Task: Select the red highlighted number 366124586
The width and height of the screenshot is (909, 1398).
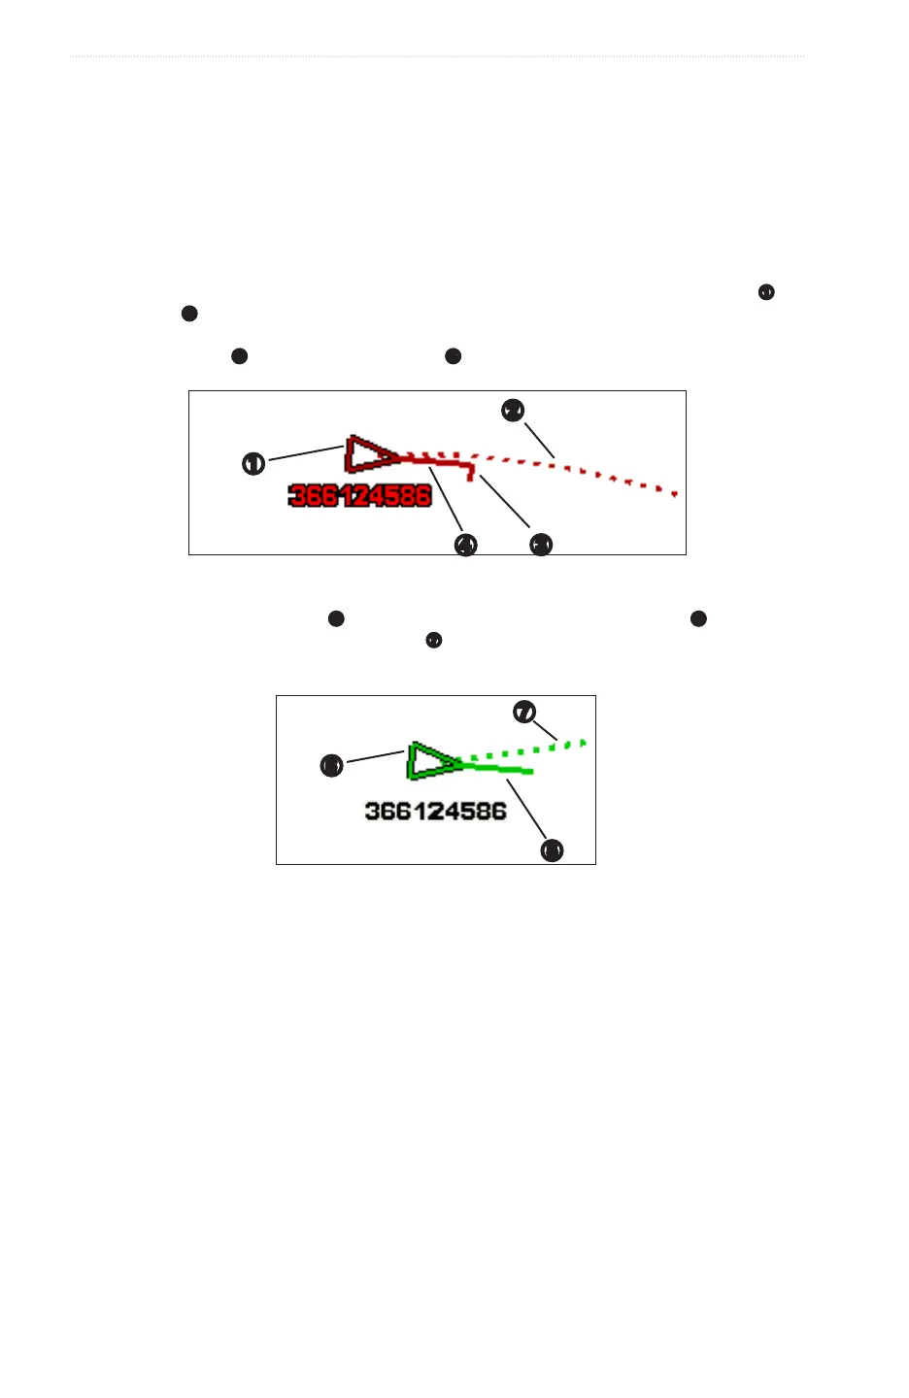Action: pyautogui.click(x=360, y=496)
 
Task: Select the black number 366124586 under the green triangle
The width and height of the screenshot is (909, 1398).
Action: pyautogui.click(x=436, y=811)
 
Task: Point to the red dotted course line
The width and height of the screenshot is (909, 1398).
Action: pyautogui.click(x=583, y=472)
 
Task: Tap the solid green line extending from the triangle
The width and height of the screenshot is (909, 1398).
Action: pyautogui.click(x=500, y=769)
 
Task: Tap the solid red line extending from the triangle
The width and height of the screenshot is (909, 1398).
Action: pyautogui.click(x=437, y=462)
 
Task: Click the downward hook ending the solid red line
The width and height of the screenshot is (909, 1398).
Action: pyautogui.click(x=471, y=474)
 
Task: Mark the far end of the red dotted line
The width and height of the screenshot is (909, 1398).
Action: pyautogui.click(x=674, y=493)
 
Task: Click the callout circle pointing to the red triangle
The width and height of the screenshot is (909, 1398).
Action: pyautogui.click(x=253, y=464)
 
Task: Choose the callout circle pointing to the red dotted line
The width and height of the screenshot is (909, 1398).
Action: pyautogui.click(x=513, y=411)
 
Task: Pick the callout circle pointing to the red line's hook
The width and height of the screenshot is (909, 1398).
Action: pyautogui.click(x=541, y=545)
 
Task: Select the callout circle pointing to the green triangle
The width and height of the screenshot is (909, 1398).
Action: pyautogui.click(x=331, y=766)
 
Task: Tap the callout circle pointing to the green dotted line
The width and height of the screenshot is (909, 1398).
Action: pyautogui.click(x=524, y=713)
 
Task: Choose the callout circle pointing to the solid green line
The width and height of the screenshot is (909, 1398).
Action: pyautogui.click(x=552, y=850)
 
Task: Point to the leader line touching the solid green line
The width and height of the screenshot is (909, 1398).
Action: pyautogui.click(x=529, y=811)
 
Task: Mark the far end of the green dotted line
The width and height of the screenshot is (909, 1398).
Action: pyautogui.click(x=584, y=743)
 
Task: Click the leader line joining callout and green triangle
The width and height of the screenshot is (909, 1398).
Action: pyautogui.click(x=374, y=756)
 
